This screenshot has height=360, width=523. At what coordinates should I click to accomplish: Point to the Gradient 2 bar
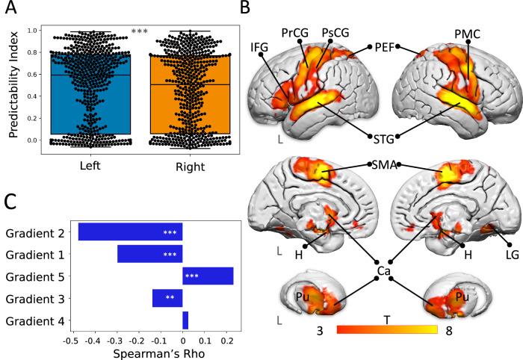130,232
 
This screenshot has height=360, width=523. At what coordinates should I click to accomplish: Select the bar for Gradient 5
208,276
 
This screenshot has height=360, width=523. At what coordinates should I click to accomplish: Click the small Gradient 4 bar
185,321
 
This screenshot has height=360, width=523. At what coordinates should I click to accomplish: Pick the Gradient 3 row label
38,299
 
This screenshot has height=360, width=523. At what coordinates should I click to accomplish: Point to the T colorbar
387,329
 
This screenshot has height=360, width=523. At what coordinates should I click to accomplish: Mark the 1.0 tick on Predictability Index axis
31,31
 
